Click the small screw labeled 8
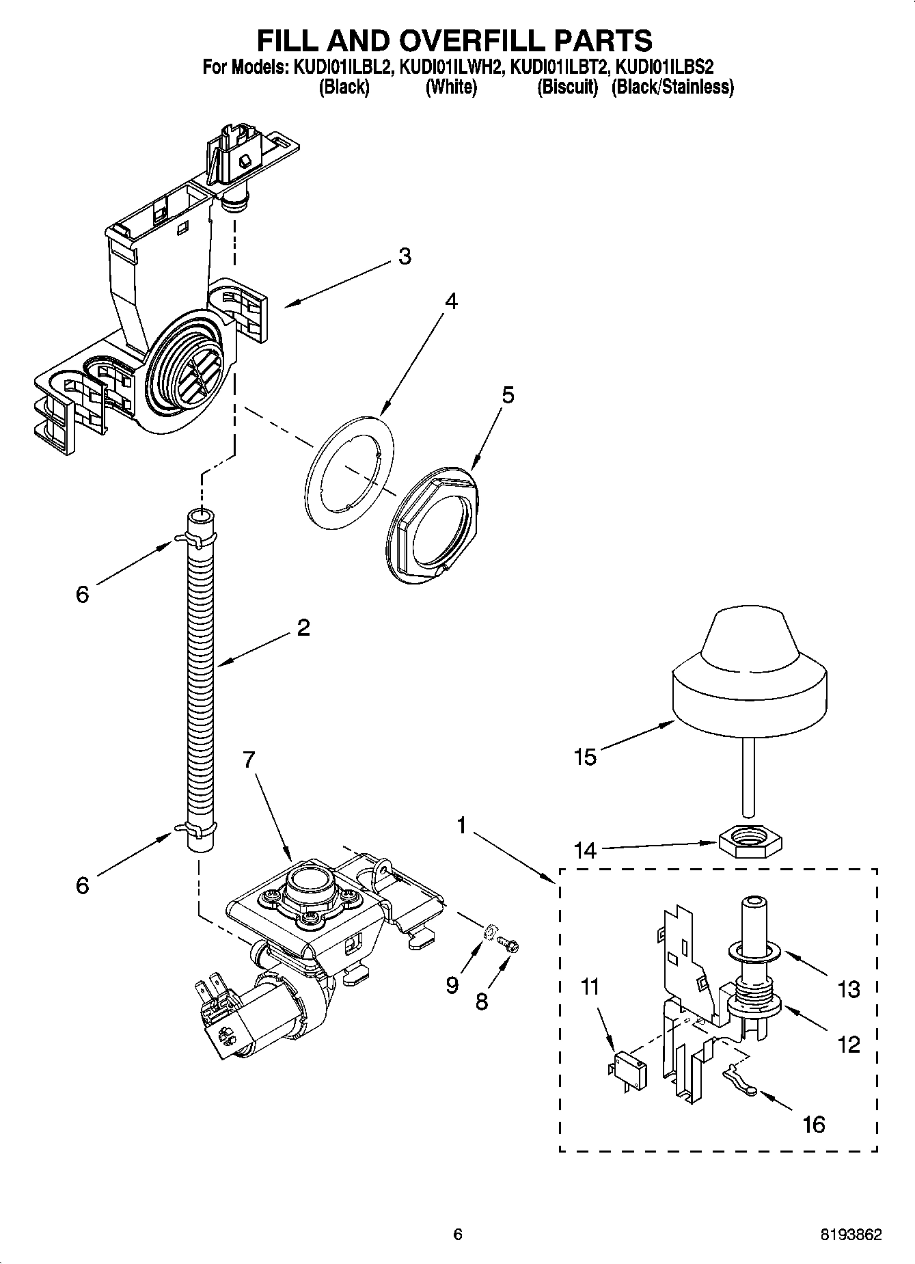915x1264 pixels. (509, 944)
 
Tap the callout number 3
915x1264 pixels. (405, 256)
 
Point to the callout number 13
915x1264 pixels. (848, 989)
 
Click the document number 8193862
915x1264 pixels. (851, 1235)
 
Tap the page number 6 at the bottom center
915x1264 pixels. (458, 1235)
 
